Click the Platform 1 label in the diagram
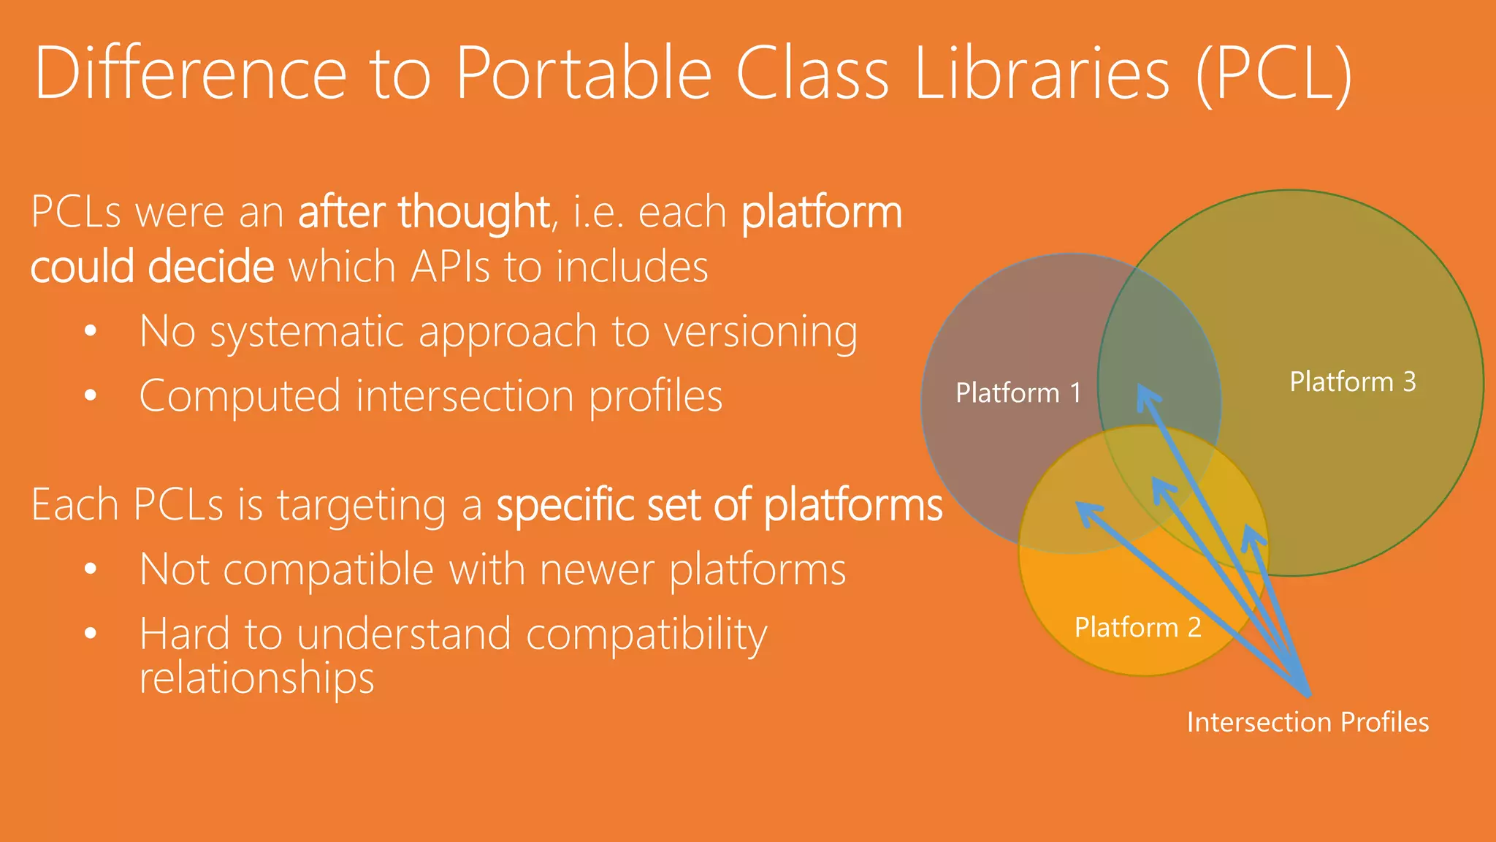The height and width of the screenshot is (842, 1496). pyautogui.click(x=1018, y=393)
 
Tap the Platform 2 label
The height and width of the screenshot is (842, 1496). pyautogui.click(x=1137, y=628)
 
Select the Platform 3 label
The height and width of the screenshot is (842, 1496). pyautogui.click(x=1352, y=382)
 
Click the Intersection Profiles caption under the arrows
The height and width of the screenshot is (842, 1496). pyautogui.click(x=1308, y=722)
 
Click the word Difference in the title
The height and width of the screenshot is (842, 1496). pyautogui.click(x=190, y=73)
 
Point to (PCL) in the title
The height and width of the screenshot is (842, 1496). pyautogui.click(x=1275, y=73)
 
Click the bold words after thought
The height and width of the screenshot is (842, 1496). pyautogui.click(x=424, y=212)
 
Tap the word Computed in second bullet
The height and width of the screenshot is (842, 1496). pyautogui.click(x=240, y=397)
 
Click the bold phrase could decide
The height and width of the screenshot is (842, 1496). pyautogui.click(x=152, y=266)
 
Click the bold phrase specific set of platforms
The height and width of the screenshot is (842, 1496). pyautogui.click(x=720, y=505)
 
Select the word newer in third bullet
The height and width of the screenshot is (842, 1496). pyautogui.click(x=596, y=569)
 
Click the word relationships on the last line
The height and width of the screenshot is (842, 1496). pyautogui.click(x=256, y=678)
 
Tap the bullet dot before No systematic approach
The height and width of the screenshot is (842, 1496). pyautogui.click(x=91, y=331)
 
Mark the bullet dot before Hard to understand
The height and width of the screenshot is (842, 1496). pyautogui.click(x=91, y=633)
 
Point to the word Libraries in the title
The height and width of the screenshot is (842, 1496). pyautogui.click(x=1042, y=73)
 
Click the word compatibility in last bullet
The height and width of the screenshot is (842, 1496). pyautogui.click(x=646, y=634)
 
